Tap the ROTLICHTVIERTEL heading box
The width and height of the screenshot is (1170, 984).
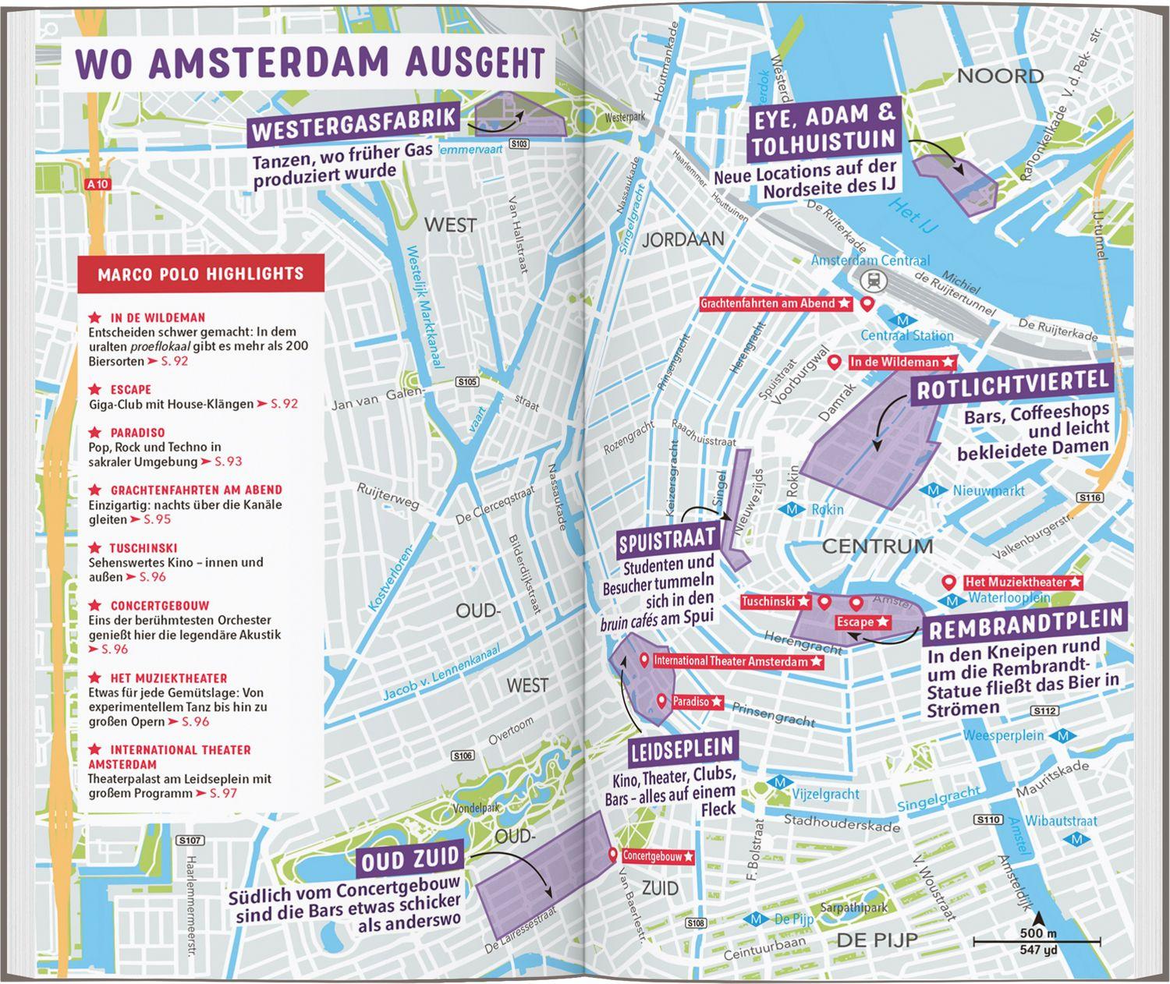1012,385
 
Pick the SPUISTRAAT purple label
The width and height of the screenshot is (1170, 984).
667,539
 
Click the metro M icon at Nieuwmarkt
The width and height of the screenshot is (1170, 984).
933,490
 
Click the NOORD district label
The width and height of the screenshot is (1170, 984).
1000,76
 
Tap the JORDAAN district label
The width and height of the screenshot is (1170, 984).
682,239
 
